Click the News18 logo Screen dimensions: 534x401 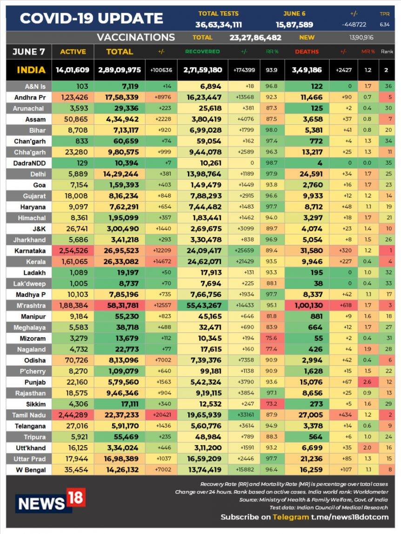[51, 500]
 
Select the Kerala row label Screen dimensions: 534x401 [28, 262]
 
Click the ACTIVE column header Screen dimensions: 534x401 [73, 52]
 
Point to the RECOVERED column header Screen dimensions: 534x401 [203, 52]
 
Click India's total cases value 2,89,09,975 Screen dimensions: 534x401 [119, 70]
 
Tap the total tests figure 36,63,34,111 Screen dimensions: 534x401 [218, 25]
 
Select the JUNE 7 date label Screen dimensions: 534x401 [29, 52]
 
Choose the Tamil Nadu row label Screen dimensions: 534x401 [28, 415]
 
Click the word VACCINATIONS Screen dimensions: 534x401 [136, 38]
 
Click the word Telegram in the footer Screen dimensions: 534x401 [290, 517]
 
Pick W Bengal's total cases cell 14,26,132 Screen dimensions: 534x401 [119, 470]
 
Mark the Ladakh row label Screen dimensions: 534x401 [28, 272]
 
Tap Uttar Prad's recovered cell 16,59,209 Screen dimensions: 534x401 [203, 459]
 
